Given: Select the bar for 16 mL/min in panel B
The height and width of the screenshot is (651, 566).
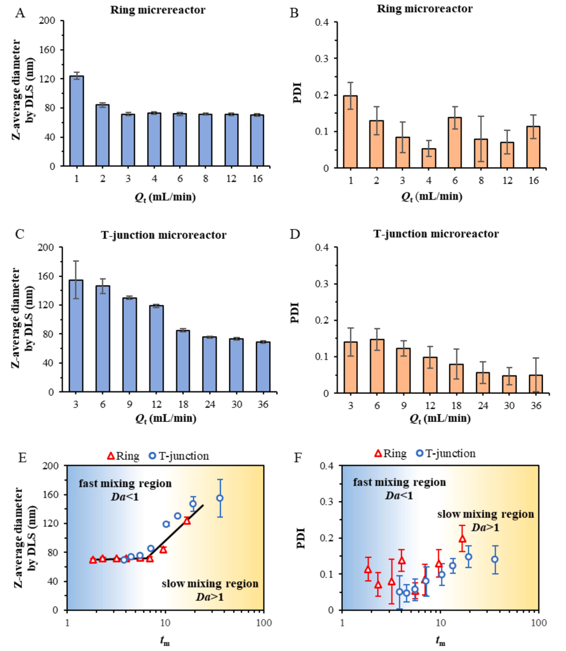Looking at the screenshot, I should click(534, 147).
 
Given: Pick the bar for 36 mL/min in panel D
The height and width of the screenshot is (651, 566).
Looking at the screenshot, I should click(536, 384).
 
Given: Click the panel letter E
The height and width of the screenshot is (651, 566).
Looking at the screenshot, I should click(22, 457).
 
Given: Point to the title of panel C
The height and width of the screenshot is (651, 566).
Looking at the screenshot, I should click(164, 235).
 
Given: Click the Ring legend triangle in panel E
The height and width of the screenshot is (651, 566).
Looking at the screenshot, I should click(111, 456).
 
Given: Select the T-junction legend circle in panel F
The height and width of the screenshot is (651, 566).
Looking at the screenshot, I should click(419, 453).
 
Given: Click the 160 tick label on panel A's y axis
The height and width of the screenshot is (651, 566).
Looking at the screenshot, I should click(47, 50).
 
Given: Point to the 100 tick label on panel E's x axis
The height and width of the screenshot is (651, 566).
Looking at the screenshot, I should click(264, 623).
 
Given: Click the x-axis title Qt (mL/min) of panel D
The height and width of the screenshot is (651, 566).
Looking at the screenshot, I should click(440, 418).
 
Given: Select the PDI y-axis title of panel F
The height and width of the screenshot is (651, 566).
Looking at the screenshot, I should click(301, 538).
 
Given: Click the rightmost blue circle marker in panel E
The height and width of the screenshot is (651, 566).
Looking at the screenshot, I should click(220, 498).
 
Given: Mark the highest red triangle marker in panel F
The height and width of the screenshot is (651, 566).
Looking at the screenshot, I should click(462, 539).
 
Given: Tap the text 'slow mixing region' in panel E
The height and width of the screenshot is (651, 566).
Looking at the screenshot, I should click(209, 584).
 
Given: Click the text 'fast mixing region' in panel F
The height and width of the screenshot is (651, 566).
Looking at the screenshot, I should click(399, 482).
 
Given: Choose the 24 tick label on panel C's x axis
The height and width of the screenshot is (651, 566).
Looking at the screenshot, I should click(210, 405).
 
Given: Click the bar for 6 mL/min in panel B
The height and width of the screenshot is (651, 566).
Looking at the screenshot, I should click(455, 143).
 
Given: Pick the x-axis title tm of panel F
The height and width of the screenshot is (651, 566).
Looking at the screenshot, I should click(440, 641).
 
